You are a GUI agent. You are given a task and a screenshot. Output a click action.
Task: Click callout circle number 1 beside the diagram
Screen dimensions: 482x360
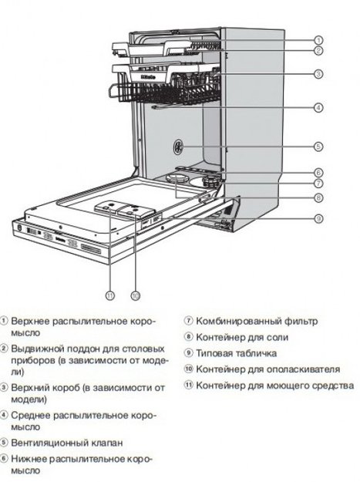(318, 39)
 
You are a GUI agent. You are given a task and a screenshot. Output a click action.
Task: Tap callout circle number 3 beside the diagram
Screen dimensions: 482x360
(318, 74)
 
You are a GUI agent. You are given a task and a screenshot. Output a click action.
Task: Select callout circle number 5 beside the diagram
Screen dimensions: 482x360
(318, 146)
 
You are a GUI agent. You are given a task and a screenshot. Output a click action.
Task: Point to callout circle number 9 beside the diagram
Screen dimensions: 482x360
(318, 219)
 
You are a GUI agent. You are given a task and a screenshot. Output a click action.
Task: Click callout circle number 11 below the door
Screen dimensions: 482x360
(110, 295)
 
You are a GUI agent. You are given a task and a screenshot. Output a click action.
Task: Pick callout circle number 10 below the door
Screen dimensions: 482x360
(135, 295)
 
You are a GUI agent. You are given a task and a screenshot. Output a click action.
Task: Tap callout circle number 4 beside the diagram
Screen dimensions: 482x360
(318, 108)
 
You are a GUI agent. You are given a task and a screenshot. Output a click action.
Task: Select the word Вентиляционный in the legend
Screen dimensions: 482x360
(48, 443)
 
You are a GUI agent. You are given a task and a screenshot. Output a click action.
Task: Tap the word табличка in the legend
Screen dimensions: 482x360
(251, 352)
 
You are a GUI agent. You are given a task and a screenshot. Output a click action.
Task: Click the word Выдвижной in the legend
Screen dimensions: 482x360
(35, 349)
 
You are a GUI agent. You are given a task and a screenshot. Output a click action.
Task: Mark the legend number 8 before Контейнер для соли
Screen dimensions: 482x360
(187, 337)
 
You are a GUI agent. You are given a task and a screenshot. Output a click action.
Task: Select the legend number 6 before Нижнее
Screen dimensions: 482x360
(5, 459)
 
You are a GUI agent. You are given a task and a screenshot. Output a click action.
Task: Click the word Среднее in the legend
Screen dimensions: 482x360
(30, 414)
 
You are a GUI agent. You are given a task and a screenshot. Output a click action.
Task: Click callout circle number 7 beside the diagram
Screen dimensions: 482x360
(318, 183)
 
